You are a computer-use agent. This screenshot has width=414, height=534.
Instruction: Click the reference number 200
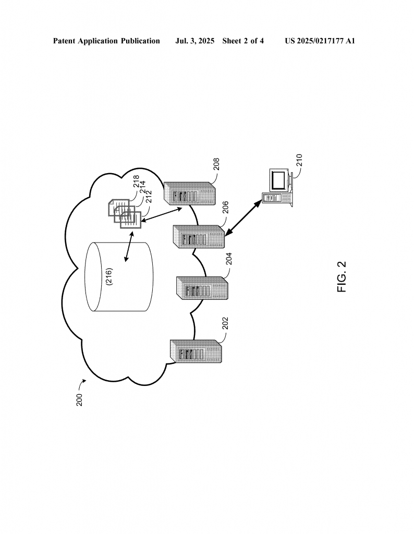point(79,400)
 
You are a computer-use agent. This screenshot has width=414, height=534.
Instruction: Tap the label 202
point(225,323)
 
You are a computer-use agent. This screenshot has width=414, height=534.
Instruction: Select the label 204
point(229,259)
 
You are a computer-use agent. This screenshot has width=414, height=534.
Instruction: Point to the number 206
point(225,208)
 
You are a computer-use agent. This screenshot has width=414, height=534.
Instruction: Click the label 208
point(216,164)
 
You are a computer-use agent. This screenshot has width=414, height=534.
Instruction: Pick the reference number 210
point(299,160)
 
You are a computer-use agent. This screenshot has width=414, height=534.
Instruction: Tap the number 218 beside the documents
point(136,181)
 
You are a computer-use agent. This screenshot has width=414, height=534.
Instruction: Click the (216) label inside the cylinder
point(109,276)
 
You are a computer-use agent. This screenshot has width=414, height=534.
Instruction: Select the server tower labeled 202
point(196,351)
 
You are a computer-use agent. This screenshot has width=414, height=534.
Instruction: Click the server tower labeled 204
point(202,288)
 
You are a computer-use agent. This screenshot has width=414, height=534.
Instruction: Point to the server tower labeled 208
point(190,193)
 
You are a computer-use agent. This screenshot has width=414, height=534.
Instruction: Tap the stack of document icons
point(125,214)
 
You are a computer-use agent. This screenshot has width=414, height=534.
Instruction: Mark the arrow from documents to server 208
point(162,214)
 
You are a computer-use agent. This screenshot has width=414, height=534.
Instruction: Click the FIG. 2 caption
point(342,276)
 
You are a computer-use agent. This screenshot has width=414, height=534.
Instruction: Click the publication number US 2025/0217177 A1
point(320,41)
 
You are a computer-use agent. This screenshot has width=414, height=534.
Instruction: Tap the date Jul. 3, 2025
point(194,41)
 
